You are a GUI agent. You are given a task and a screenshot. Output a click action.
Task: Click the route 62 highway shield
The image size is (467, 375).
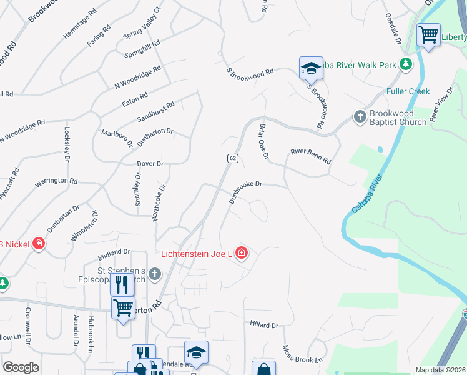pos(232,158)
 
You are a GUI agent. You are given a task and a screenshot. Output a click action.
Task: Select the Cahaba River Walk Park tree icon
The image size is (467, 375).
pos(406,63)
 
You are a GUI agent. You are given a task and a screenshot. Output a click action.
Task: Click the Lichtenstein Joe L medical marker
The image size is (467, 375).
pos(242,253)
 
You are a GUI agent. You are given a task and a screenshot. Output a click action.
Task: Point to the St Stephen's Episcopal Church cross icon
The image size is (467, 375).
pos(154,273)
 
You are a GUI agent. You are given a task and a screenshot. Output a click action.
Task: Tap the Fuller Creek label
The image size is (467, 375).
pos(408,91)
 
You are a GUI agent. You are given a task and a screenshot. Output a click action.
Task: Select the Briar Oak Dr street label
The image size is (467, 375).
pos(263,141)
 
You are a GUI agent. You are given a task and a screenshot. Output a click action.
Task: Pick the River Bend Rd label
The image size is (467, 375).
pos(310,156)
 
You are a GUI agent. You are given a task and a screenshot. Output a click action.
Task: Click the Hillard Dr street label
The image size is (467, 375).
pos(263,325)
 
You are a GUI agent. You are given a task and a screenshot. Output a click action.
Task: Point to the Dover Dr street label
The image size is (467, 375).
pos(150,164)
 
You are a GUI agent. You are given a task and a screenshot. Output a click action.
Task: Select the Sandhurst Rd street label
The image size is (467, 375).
pos(155,112)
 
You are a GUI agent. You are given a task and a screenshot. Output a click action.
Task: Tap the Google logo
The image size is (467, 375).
pos(21,367)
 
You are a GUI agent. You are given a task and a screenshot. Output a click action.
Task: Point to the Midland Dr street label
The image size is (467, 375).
pos(114,254)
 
